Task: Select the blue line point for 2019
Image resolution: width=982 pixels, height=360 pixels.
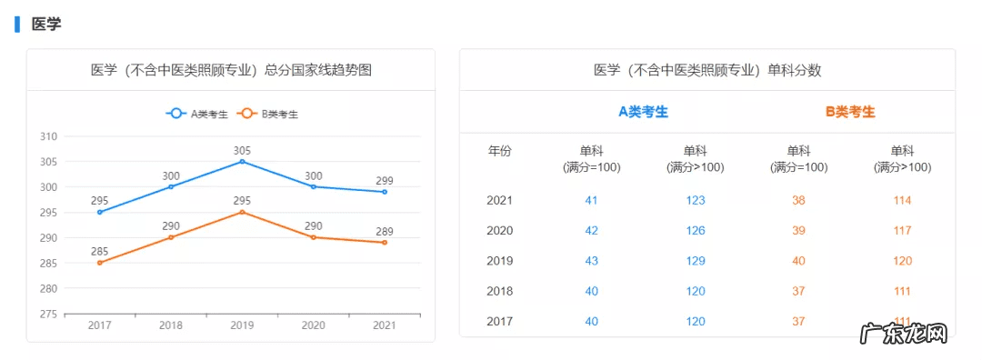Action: click(242, 161)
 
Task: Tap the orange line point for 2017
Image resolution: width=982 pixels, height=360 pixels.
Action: click(99, 263)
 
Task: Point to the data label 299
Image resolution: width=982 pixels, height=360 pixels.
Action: click(384, 179)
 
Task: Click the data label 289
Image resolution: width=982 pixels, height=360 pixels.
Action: click(384, 231)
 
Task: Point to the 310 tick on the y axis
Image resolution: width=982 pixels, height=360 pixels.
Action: click(48, 136)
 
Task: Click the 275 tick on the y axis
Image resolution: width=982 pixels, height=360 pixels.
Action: click(48, 314)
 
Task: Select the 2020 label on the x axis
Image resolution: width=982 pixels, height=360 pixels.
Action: click(313, 325)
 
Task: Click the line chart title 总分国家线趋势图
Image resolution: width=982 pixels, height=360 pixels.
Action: click(231, 70)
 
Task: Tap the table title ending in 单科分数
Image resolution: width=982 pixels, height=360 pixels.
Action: click(706, 70)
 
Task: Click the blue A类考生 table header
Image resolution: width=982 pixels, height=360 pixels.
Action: click(643, 112)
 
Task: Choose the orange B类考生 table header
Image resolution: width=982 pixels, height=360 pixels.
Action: click(850, 112)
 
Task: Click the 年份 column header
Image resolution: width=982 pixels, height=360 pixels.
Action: click(500, 151)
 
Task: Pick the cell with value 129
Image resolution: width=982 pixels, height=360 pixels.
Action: click(695, 261)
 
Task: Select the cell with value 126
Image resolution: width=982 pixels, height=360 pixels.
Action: click(695, 230)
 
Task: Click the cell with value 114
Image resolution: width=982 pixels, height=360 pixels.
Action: click(902, 200)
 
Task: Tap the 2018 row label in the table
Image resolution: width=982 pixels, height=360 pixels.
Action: click(500, 291)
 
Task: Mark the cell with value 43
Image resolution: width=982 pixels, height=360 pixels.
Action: click(591, 261)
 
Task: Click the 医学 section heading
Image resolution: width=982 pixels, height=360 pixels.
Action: click(46, 25)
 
